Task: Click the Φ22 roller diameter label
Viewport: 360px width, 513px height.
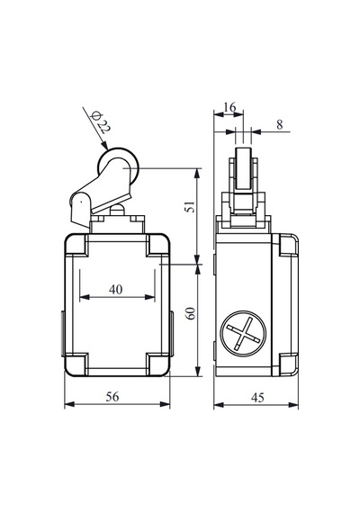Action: pos(101,122)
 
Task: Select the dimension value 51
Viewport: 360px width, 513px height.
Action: pos(191,206)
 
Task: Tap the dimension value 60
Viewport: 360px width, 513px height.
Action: pos(191,313)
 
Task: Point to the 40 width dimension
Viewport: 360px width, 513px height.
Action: pos(116,289)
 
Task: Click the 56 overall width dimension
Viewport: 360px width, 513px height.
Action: pos(112,397)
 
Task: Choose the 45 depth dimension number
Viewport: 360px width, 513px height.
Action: pos(257,398)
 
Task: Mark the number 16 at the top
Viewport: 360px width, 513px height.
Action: pos(229,107)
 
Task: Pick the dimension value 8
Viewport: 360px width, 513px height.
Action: pos(279,125)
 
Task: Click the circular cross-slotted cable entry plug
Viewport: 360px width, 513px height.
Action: pos(243,333)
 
